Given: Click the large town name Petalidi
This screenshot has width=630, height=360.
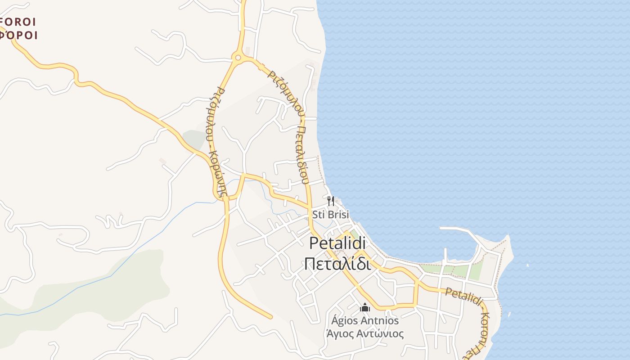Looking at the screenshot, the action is point(337,243).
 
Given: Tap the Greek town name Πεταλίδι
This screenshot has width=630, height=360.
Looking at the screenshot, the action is point(337,264).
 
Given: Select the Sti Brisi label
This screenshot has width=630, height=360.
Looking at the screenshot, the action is point(331,215).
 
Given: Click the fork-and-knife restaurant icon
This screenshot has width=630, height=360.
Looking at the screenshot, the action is point(331,201).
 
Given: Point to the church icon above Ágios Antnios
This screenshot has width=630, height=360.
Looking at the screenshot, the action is point(365,308).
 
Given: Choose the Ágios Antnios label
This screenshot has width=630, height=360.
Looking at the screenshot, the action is point(365,320).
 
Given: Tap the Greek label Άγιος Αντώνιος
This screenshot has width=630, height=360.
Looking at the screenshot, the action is point(365,334).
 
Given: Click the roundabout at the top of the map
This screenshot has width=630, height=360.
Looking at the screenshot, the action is point(238,57).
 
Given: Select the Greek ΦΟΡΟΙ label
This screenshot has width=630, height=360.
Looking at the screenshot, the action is point(19,35).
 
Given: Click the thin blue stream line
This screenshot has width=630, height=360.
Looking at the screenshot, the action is point(135,252).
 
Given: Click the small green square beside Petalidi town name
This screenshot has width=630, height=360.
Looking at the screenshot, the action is point(355,234).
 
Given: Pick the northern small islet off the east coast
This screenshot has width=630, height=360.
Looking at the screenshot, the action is point(528,265).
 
